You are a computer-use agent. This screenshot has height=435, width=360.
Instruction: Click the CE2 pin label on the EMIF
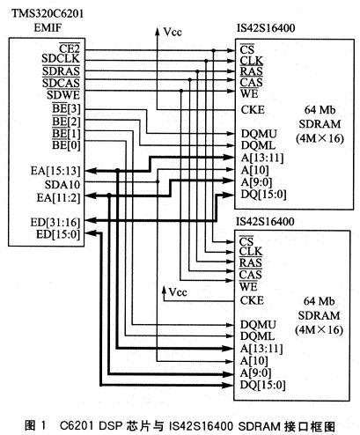(x=70, y=48)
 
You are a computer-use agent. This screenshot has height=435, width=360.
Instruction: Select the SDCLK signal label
(x=61, y=59)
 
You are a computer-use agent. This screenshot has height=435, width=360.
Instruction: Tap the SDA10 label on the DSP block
(x=62, y=185)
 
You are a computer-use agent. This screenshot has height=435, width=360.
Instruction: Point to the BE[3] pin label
(x=66, y=109)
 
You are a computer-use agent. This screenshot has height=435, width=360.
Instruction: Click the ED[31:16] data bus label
(x=55, y=222)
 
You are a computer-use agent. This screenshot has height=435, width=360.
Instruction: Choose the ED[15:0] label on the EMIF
(x=58, y=234)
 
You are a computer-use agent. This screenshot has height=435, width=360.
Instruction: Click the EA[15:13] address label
(x=55, y=171)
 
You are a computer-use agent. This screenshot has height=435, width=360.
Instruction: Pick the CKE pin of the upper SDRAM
(x=253, y=110)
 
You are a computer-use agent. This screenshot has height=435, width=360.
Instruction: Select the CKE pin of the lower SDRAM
(x=252, y=300)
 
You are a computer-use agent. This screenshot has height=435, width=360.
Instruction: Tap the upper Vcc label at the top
(x=173, y=32)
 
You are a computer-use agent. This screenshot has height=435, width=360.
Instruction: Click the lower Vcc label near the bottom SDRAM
(x=178, y=292)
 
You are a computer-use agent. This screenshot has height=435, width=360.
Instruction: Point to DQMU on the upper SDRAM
(x=259, y=134)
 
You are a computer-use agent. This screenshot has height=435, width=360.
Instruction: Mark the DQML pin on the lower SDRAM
(x=257, y=336)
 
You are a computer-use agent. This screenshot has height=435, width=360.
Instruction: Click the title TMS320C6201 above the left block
(x=48, y=14)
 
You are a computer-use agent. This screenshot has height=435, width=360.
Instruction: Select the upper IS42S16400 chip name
(x=266, y=28)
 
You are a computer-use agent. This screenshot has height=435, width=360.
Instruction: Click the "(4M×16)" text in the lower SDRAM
(x=319, y=329)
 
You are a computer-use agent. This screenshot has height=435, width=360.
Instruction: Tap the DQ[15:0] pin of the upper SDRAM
(x=263, y=195)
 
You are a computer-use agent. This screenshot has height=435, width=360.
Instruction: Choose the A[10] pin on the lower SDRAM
(x=253, y=361)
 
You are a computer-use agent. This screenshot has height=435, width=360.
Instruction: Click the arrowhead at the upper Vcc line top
(x=158, y=32)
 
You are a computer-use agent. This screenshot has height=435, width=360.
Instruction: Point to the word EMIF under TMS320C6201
(x=48, y=28)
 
